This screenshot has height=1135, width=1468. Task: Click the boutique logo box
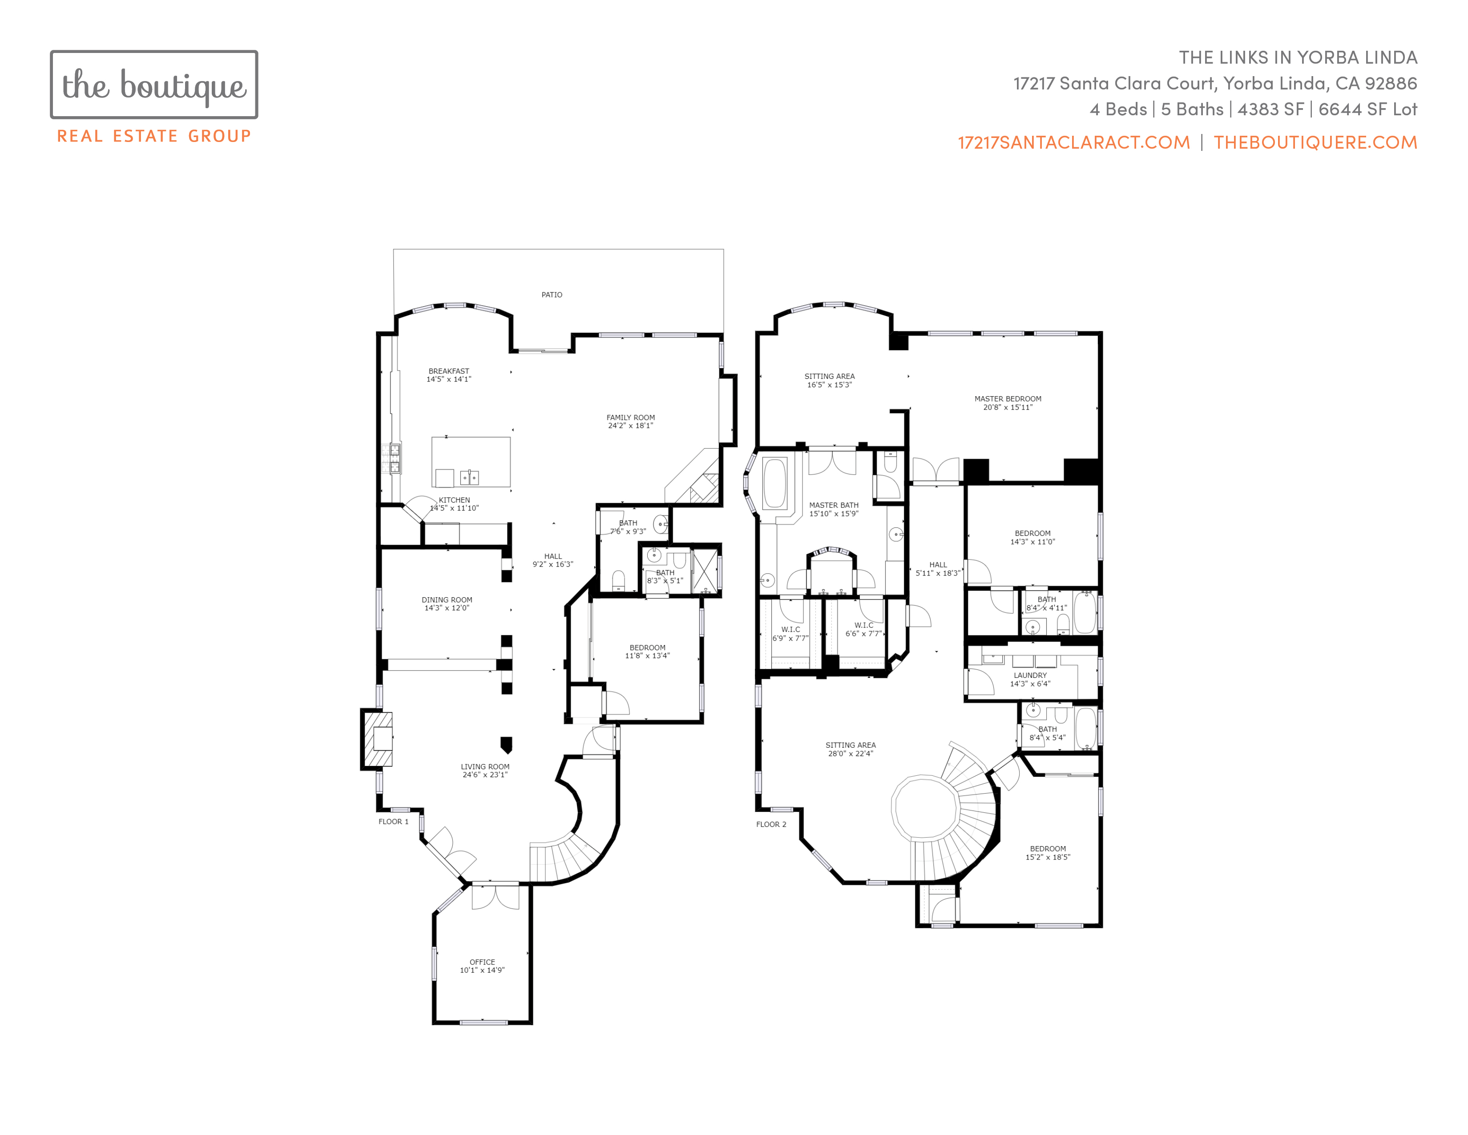[154, 85]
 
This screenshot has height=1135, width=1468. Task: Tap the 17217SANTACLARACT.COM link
[1073, 142]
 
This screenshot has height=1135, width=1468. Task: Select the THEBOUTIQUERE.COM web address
[1315, 142]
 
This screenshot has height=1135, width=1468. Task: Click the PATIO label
[552, 295]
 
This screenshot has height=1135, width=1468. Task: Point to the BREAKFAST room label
[449, 371]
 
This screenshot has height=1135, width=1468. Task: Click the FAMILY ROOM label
[630, 418]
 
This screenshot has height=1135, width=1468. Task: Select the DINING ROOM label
[447, 600]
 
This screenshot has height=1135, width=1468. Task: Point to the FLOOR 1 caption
[393, 822]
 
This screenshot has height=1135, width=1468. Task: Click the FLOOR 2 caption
[771, 824]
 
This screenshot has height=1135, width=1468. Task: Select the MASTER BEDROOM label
[1008, 399]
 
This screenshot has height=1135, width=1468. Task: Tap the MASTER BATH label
[834, 505]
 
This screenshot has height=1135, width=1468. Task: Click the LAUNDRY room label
[1030, 675]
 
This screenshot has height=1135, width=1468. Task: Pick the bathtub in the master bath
[774, 483]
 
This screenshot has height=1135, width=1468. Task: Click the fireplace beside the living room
[377, 739]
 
